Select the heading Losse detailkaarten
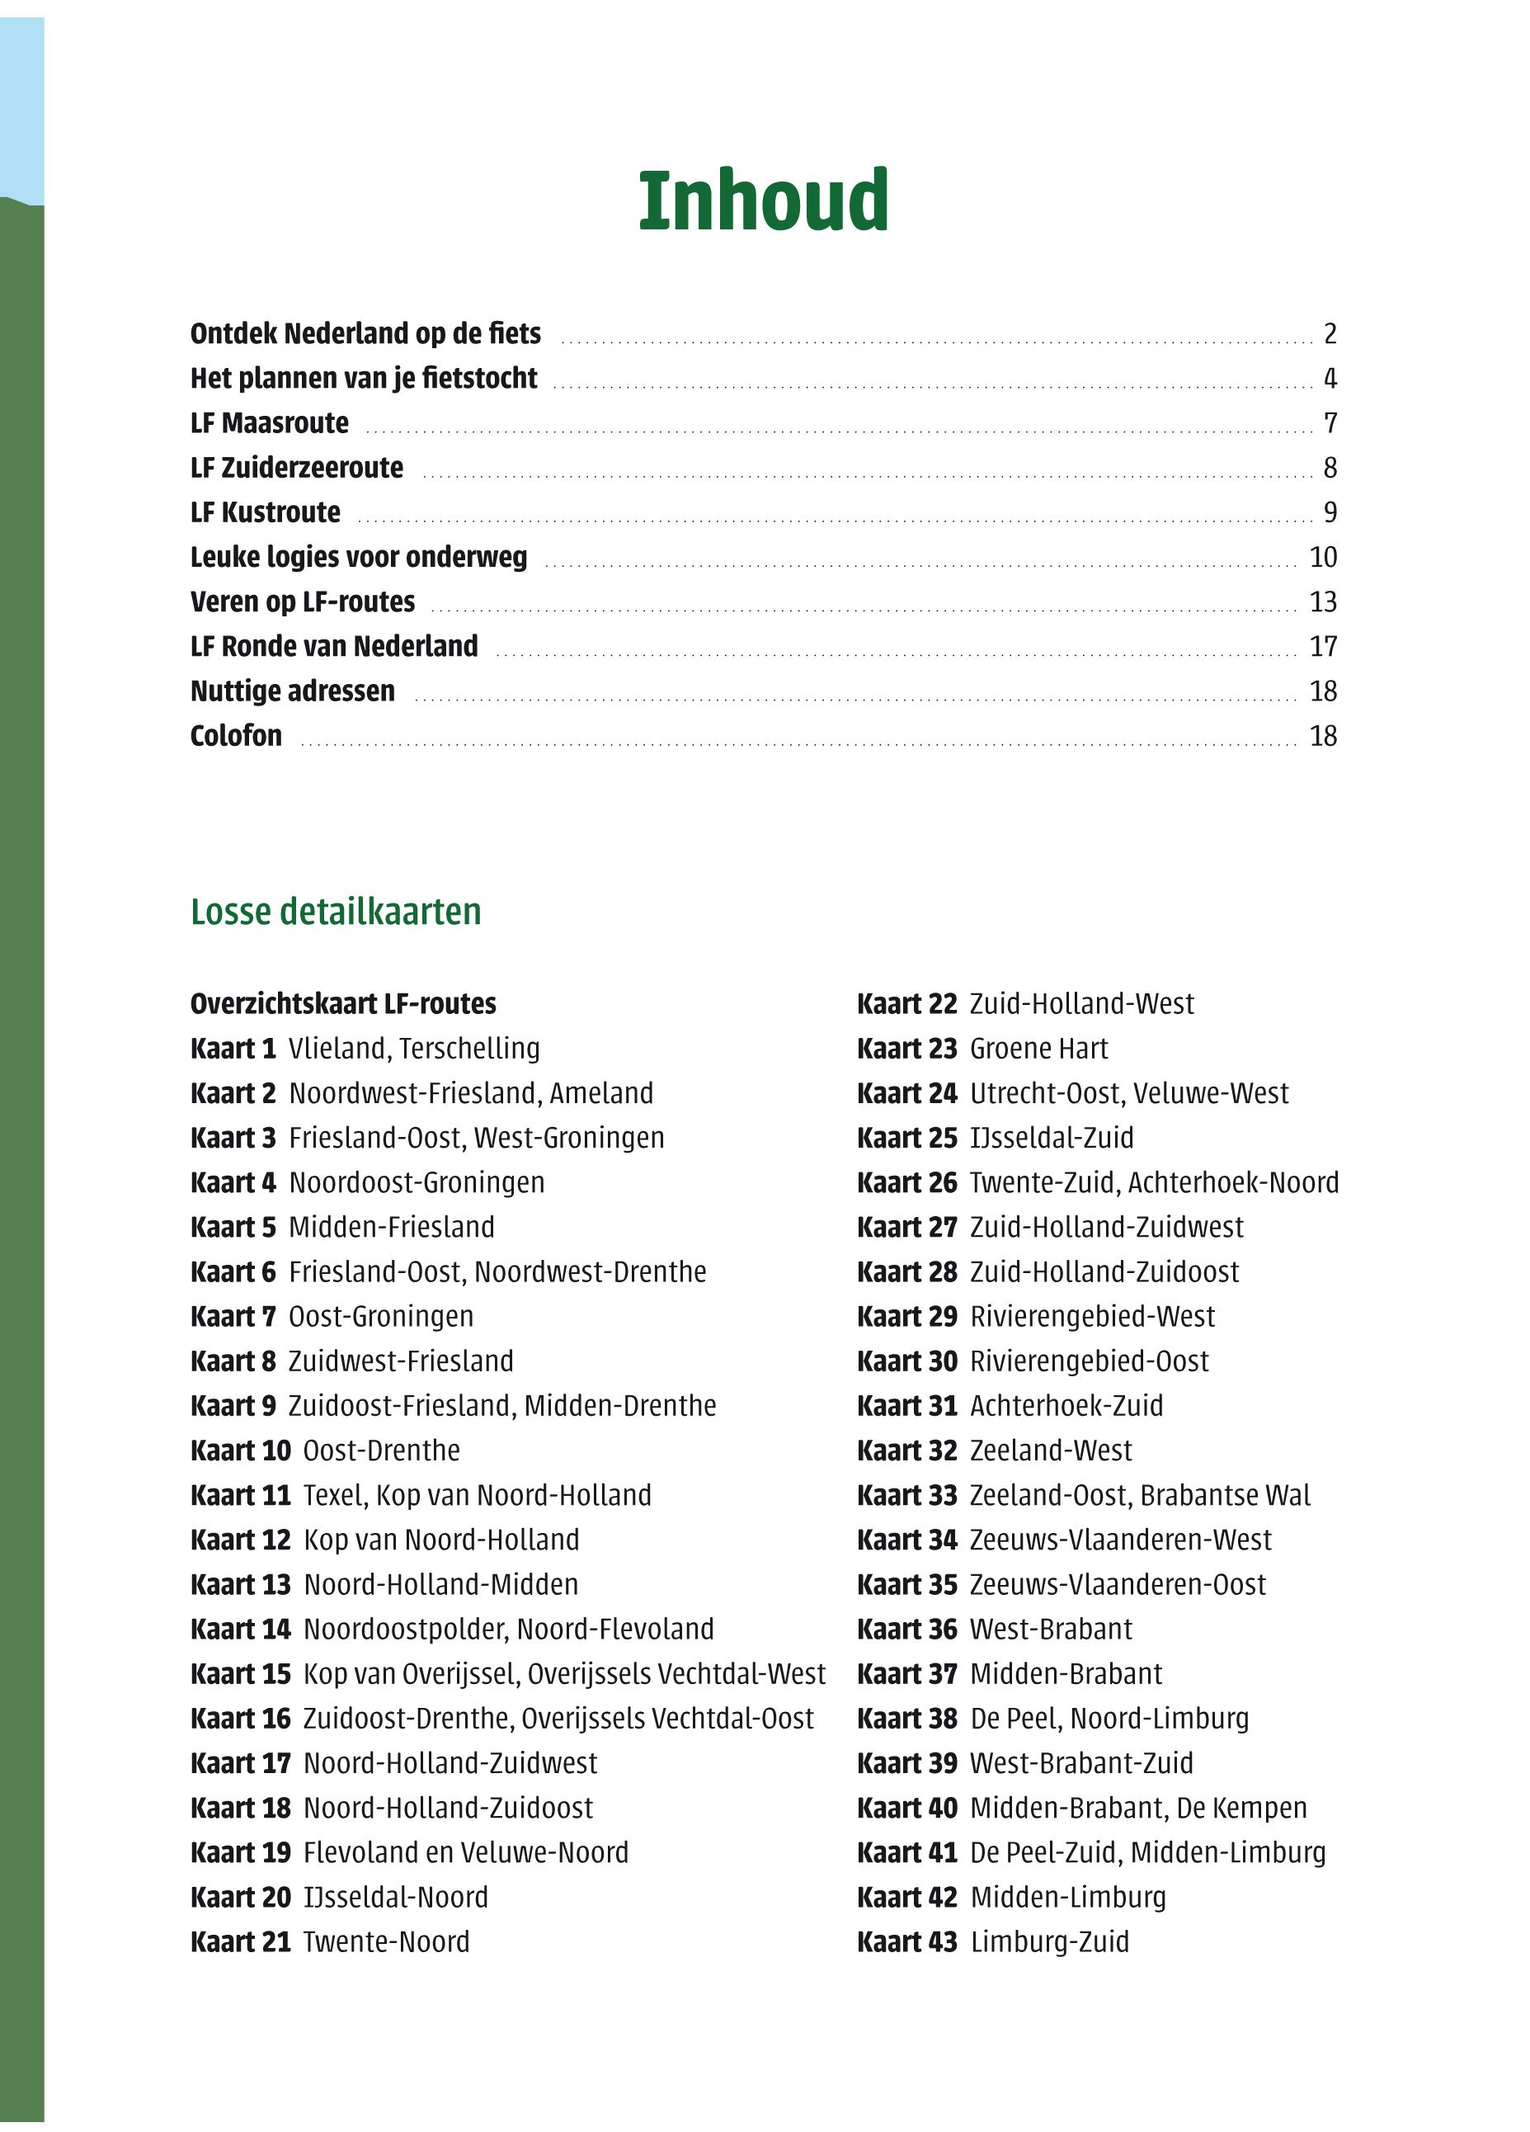click(x=336, y=912)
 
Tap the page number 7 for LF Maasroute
click(x=1330, y=423)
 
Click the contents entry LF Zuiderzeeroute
click(x=296, y=467)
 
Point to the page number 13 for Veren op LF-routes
click(x=1322, y=601)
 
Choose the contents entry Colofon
click(x=236, y=735)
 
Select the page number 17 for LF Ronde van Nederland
click(x=1322, y=646)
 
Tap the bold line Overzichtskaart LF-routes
click(x=343, y=1003)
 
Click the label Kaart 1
click(x=233, y=1048)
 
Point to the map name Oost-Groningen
click(x=380, y=1316)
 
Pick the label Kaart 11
click(x=241, y=1495)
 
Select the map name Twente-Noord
click(x=385, y=1941)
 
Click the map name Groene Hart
click(x=1038, y=1048)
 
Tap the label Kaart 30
click(x=907, y=1361)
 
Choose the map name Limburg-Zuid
click(x=1049, y=1941)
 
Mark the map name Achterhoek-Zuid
click(x=1066, y=1405)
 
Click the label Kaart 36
click(x=907, y=1629)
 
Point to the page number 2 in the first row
click(x=1330, y=333)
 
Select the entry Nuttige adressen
click(x=292, y=691)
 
